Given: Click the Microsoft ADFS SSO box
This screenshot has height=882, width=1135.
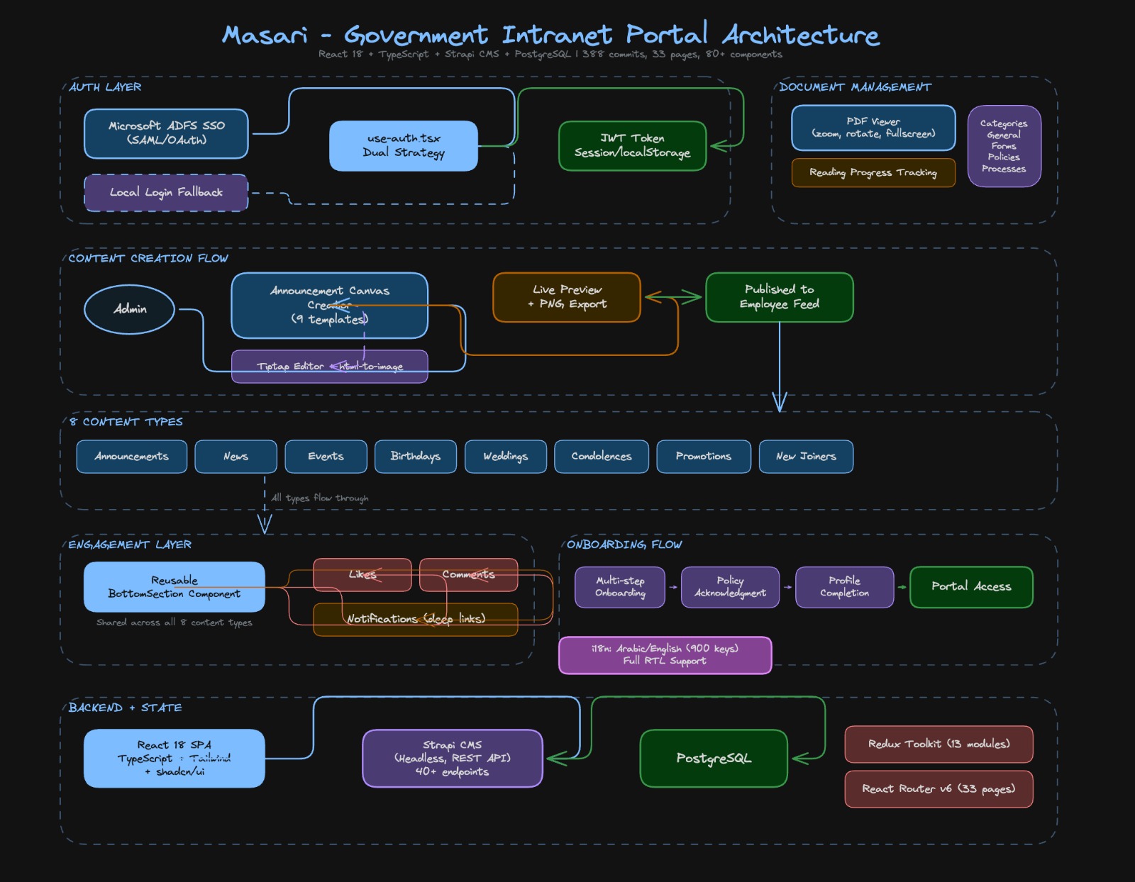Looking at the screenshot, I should pos(166,133).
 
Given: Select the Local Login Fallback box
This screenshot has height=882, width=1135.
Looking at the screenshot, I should pos(166,192).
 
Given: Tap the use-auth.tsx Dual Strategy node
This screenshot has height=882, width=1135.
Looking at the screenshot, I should pos(403,145).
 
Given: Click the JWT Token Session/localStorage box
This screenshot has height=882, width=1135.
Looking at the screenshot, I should pos(632,145).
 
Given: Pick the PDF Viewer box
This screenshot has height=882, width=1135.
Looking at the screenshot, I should pos(873,128).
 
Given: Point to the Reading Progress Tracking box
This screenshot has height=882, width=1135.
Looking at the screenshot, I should pos(873,172).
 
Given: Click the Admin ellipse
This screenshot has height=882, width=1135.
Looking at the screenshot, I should pos(130,309).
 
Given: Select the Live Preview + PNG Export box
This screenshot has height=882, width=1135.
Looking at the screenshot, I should pos(567,297).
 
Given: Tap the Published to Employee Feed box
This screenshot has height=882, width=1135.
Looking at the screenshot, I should pos(779,297).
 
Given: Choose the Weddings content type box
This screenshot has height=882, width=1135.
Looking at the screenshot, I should pos(506,456).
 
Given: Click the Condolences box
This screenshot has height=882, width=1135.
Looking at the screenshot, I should pos(601,456).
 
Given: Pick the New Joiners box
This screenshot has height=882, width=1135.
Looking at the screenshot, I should pos(806,456).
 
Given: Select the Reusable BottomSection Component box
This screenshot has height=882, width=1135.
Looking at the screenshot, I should pos(174,587).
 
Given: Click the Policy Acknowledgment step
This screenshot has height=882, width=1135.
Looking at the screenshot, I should pos(730,587).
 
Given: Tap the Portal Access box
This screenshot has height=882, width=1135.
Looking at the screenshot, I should pos(971,587).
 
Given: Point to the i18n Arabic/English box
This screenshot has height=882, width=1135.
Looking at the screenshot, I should pos(665,654).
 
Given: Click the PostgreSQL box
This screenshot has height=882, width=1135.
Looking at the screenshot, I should pos(714,759).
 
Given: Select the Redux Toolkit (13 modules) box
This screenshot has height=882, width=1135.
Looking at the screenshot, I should pos(939,744).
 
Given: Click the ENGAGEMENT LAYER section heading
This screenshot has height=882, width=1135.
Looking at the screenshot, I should pos(130,545).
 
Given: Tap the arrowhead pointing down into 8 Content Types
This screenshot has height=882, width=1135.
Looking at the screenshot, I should pos(780,405).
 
